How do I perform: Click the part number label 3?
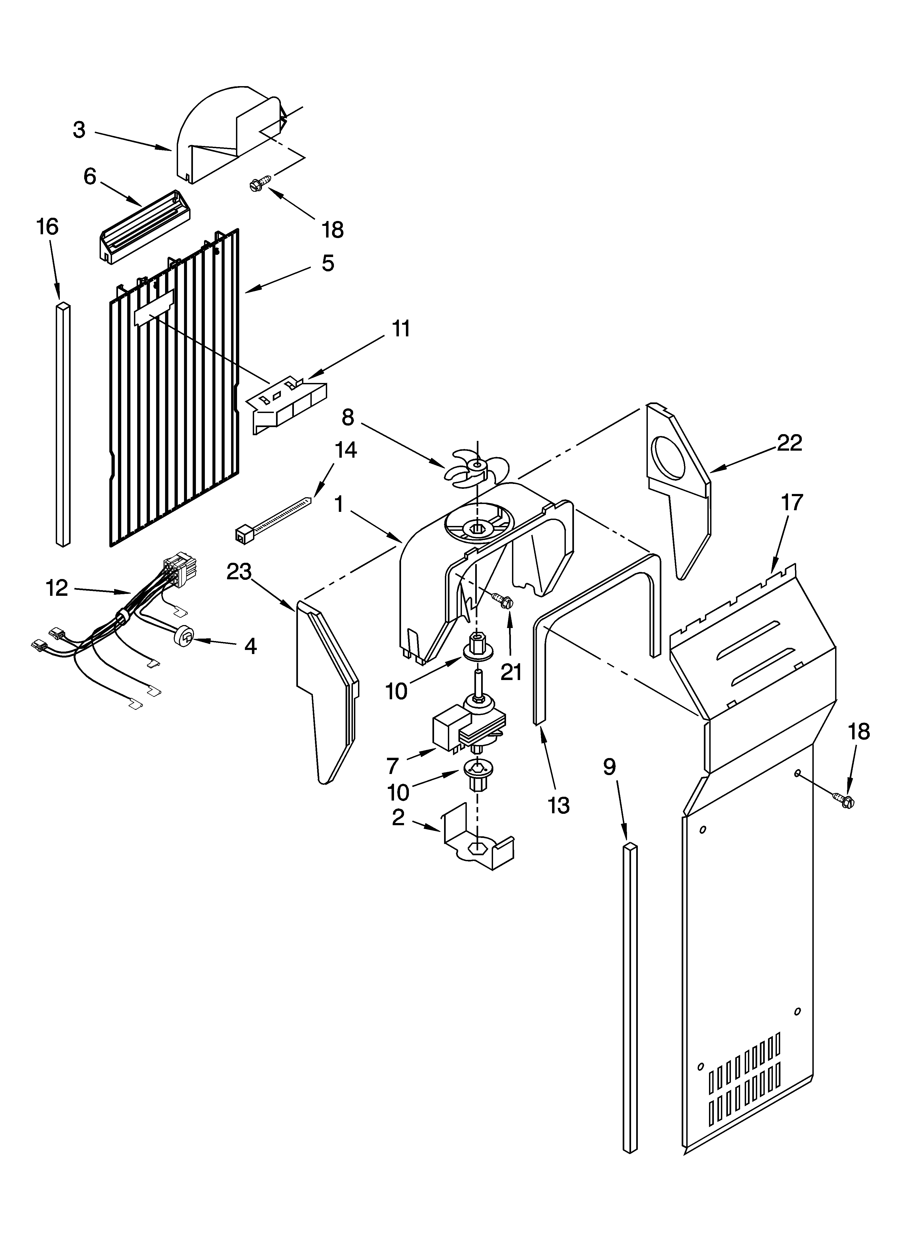point(80,130)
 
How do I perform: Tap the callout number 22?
point(789,443)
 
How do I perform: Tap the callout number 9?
point(609,767)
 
